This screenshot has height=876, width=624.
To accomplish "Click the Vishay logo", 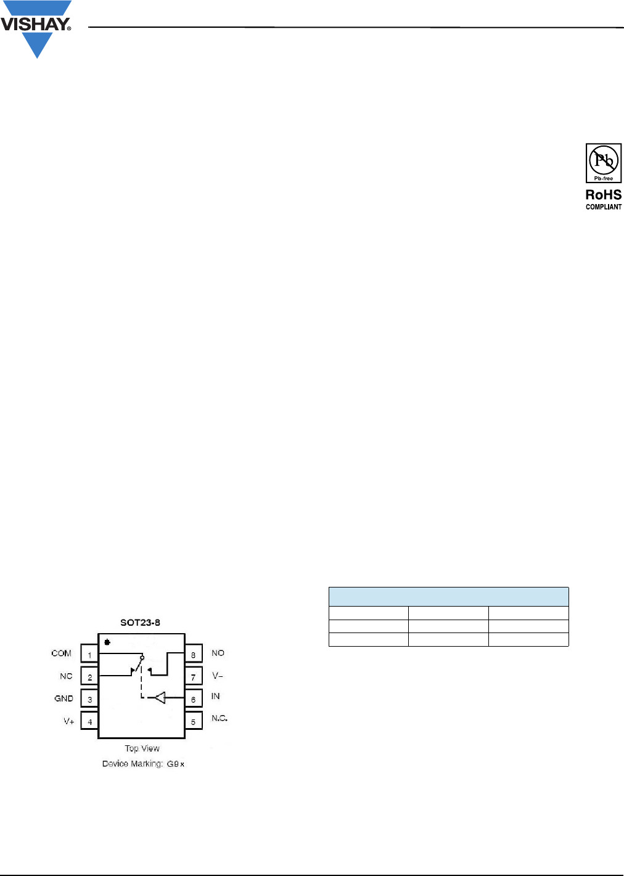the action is click(36, 30).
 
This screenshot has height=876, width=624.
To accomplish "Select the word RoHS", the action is click(603, 195).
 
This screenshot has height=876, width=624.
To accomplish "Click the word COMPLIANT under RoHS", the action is click(603, 207).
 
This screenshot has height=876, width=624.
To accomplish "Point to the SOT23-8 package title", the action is click(140, 622).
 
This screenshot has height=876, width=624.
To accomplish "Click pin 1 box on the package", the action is click(89, 653).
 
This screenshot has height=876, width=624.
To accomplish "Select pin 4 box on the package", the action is click(89, 721).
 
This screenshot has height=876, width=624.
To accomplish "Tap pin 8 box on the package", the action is click(193, 653).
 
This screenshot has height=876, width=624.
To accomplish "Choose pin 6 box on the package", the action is click(193, 698).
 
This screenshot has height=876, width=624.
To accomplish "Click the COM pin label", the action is click(62, 653).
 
